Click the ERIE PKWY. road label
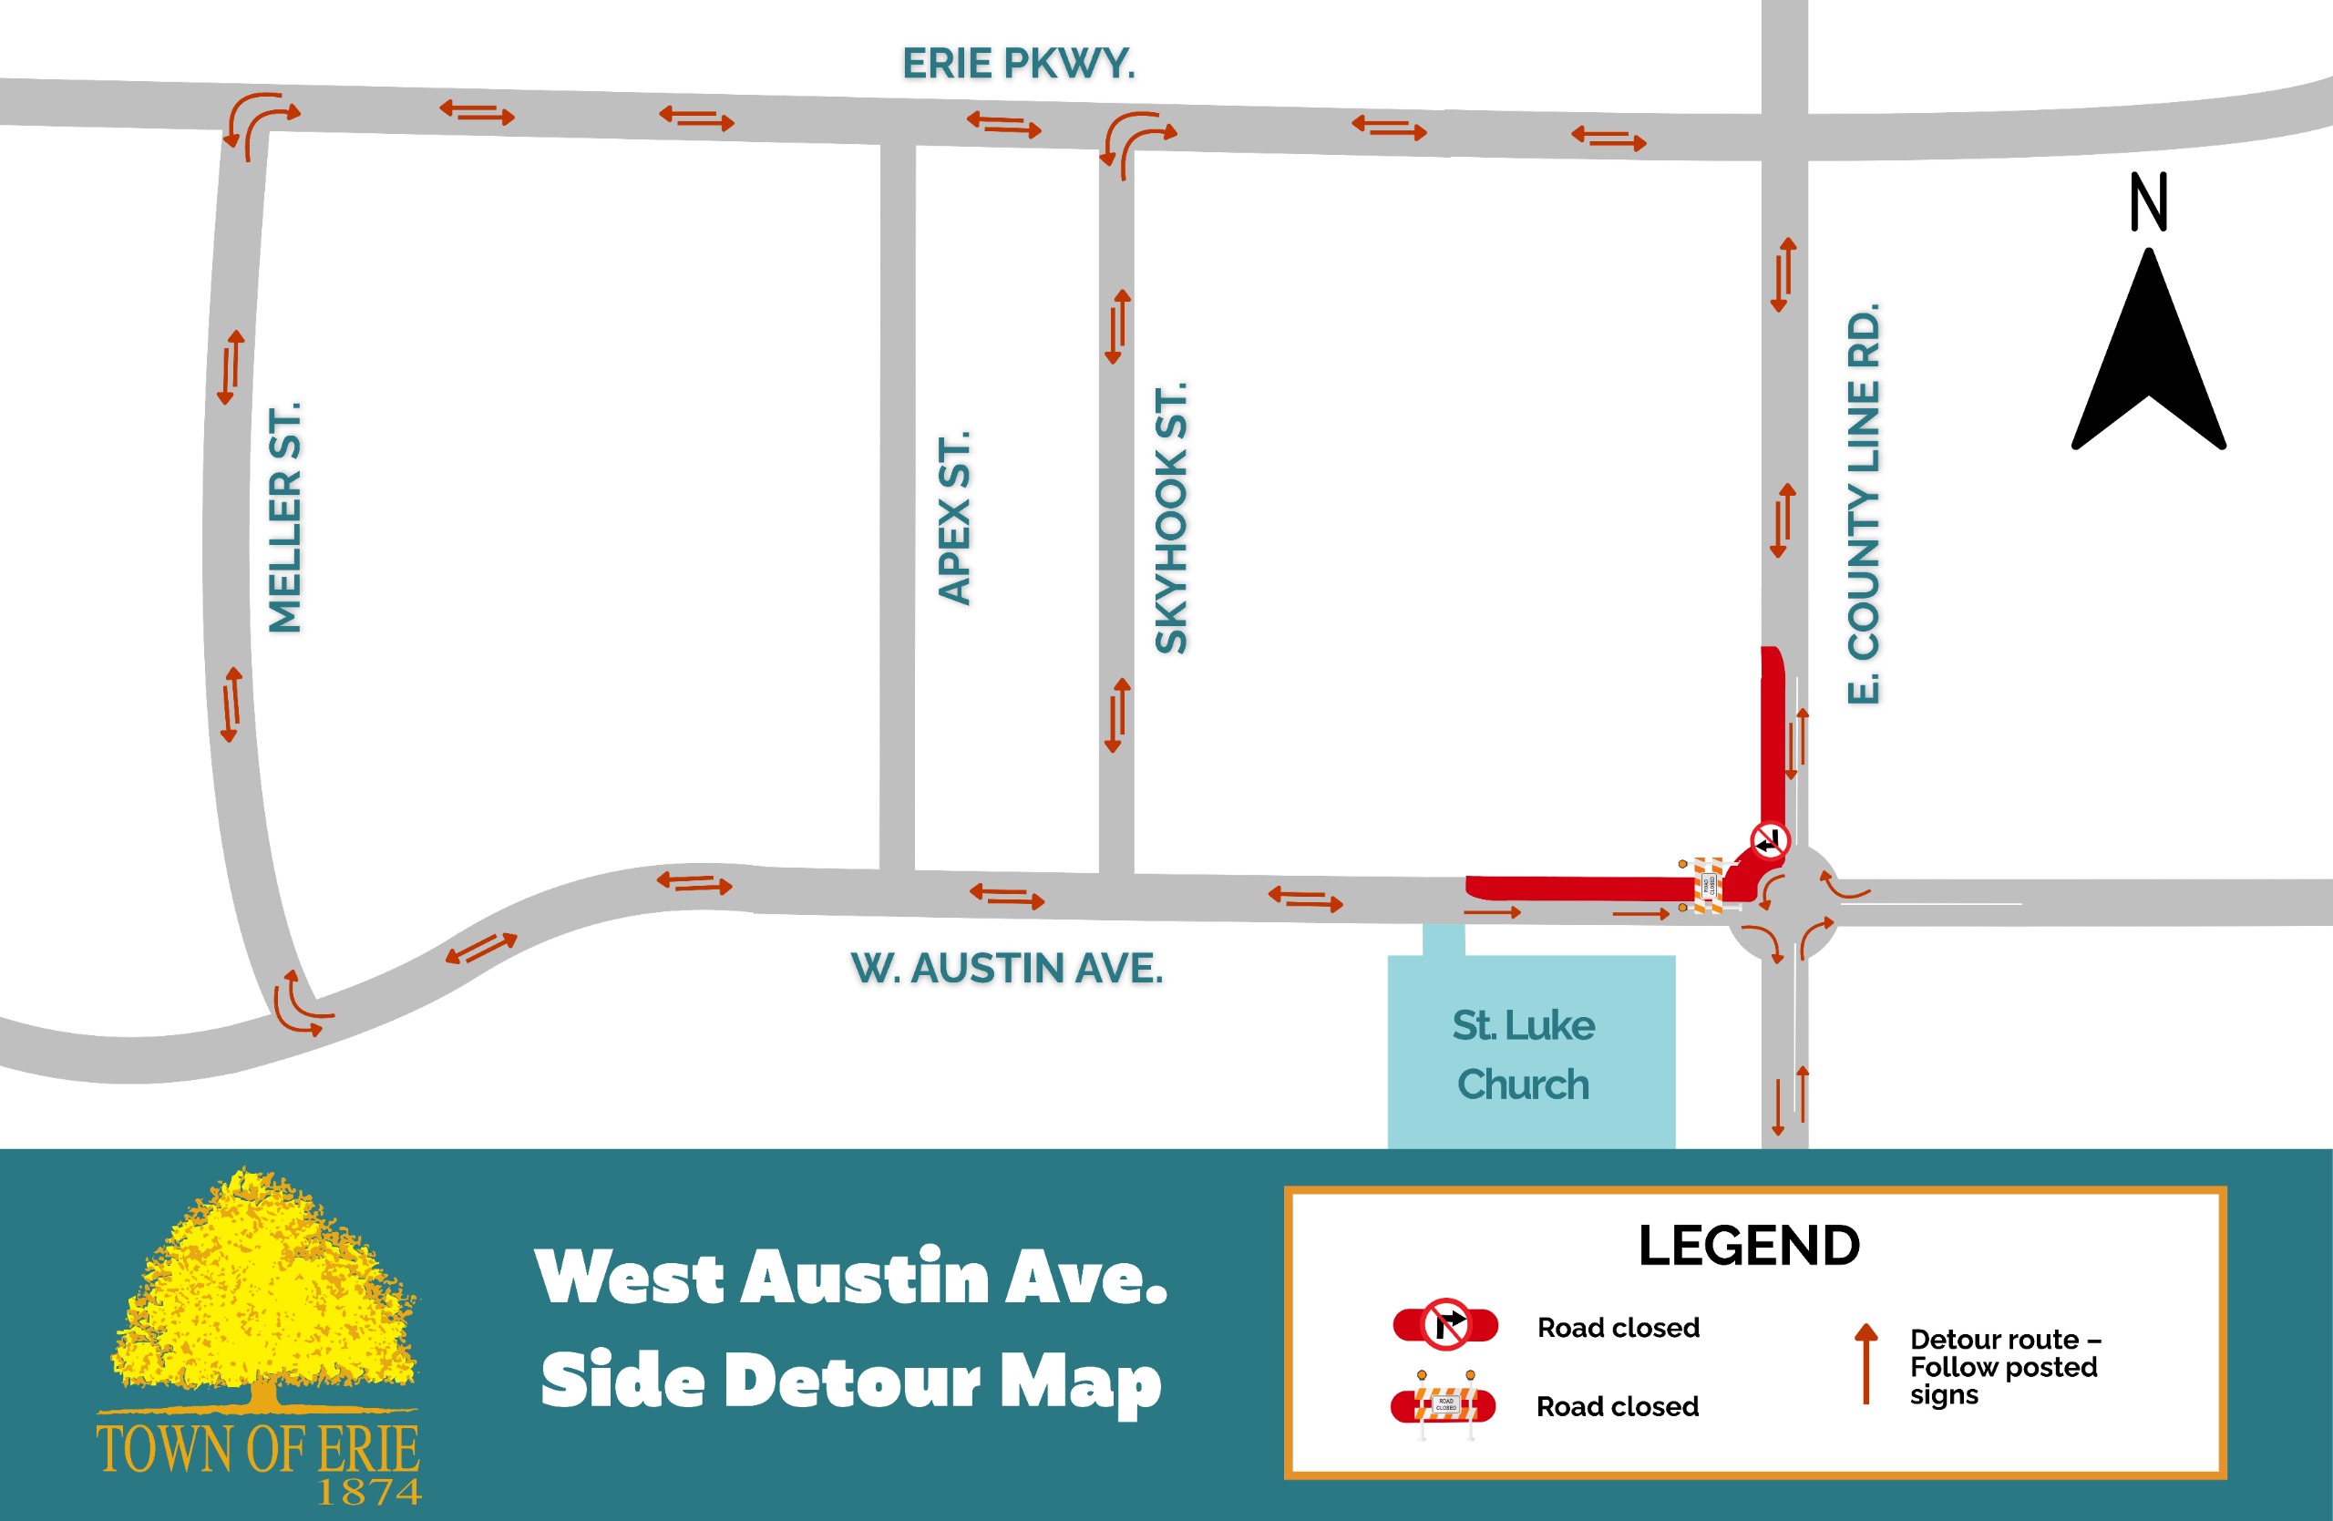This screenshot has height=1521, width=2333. click(x=1019, y=64)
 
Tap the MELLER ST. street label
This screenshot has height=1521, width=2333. click(x=285, y=518)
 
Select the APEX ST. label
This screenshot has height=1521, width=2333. click(x=954, y=518)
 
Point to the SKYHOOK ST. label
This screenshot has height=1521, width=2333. click(x=1171, y=518)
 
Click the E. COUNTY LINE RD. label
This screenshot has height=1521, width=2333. click(x=1864, y=504)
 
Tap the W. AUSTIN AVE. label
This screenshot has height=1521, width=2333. click(x=1007, y=968)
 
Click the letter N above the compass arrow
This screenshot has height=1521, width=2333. click(x=2149, y=202)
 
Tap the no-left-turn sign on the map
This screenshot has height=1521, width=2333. click(x=1770, y=841)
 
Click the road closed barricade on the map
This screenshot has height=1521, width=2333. click(x=1707, y=885)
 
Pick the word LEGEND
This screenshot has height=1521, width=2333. click(x=1749, y=1246)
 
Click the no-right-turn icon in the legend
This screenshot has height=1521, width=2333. click(x=1446, y=1325)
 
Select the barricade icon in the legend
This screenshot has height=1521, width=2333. click(x=1444, y=1405)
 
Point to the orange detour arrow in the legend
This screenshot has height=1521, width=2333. click(x=1865, y=1363)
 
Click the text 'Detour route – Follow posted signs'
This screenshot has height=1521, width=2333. click(x=2003, y=1366)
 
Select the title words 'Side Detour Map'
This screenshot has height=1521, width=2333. click(x=851, y=1380)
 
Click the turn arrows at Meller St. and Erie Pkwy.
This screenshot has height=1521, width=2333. click(x=259, y=122)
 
